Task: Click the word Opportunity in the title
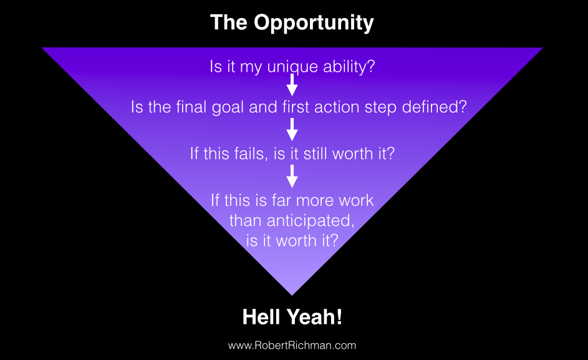click(x=314, y=23)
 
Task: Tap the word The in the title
click(x=229, y=22)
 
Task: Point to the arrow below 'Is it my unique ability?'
click(x=292, y=84)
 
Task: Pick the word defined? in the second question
click(x=434, y=107)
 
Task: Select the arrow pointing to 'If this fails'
click(x=292, y=130)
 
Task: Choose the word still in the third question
click(x=315, y=153)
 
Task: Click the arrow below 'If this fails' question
click(x=292, y=176)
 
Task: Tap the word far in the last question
click(x=281, y=200)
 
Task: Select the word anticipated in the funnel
click(x=311, y=221)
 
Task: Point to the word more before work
click(x=315, y=201)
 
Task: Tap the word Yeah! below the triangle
click(x=315, y=317)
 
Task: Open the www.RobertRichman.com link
click(x=292, y=346)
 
